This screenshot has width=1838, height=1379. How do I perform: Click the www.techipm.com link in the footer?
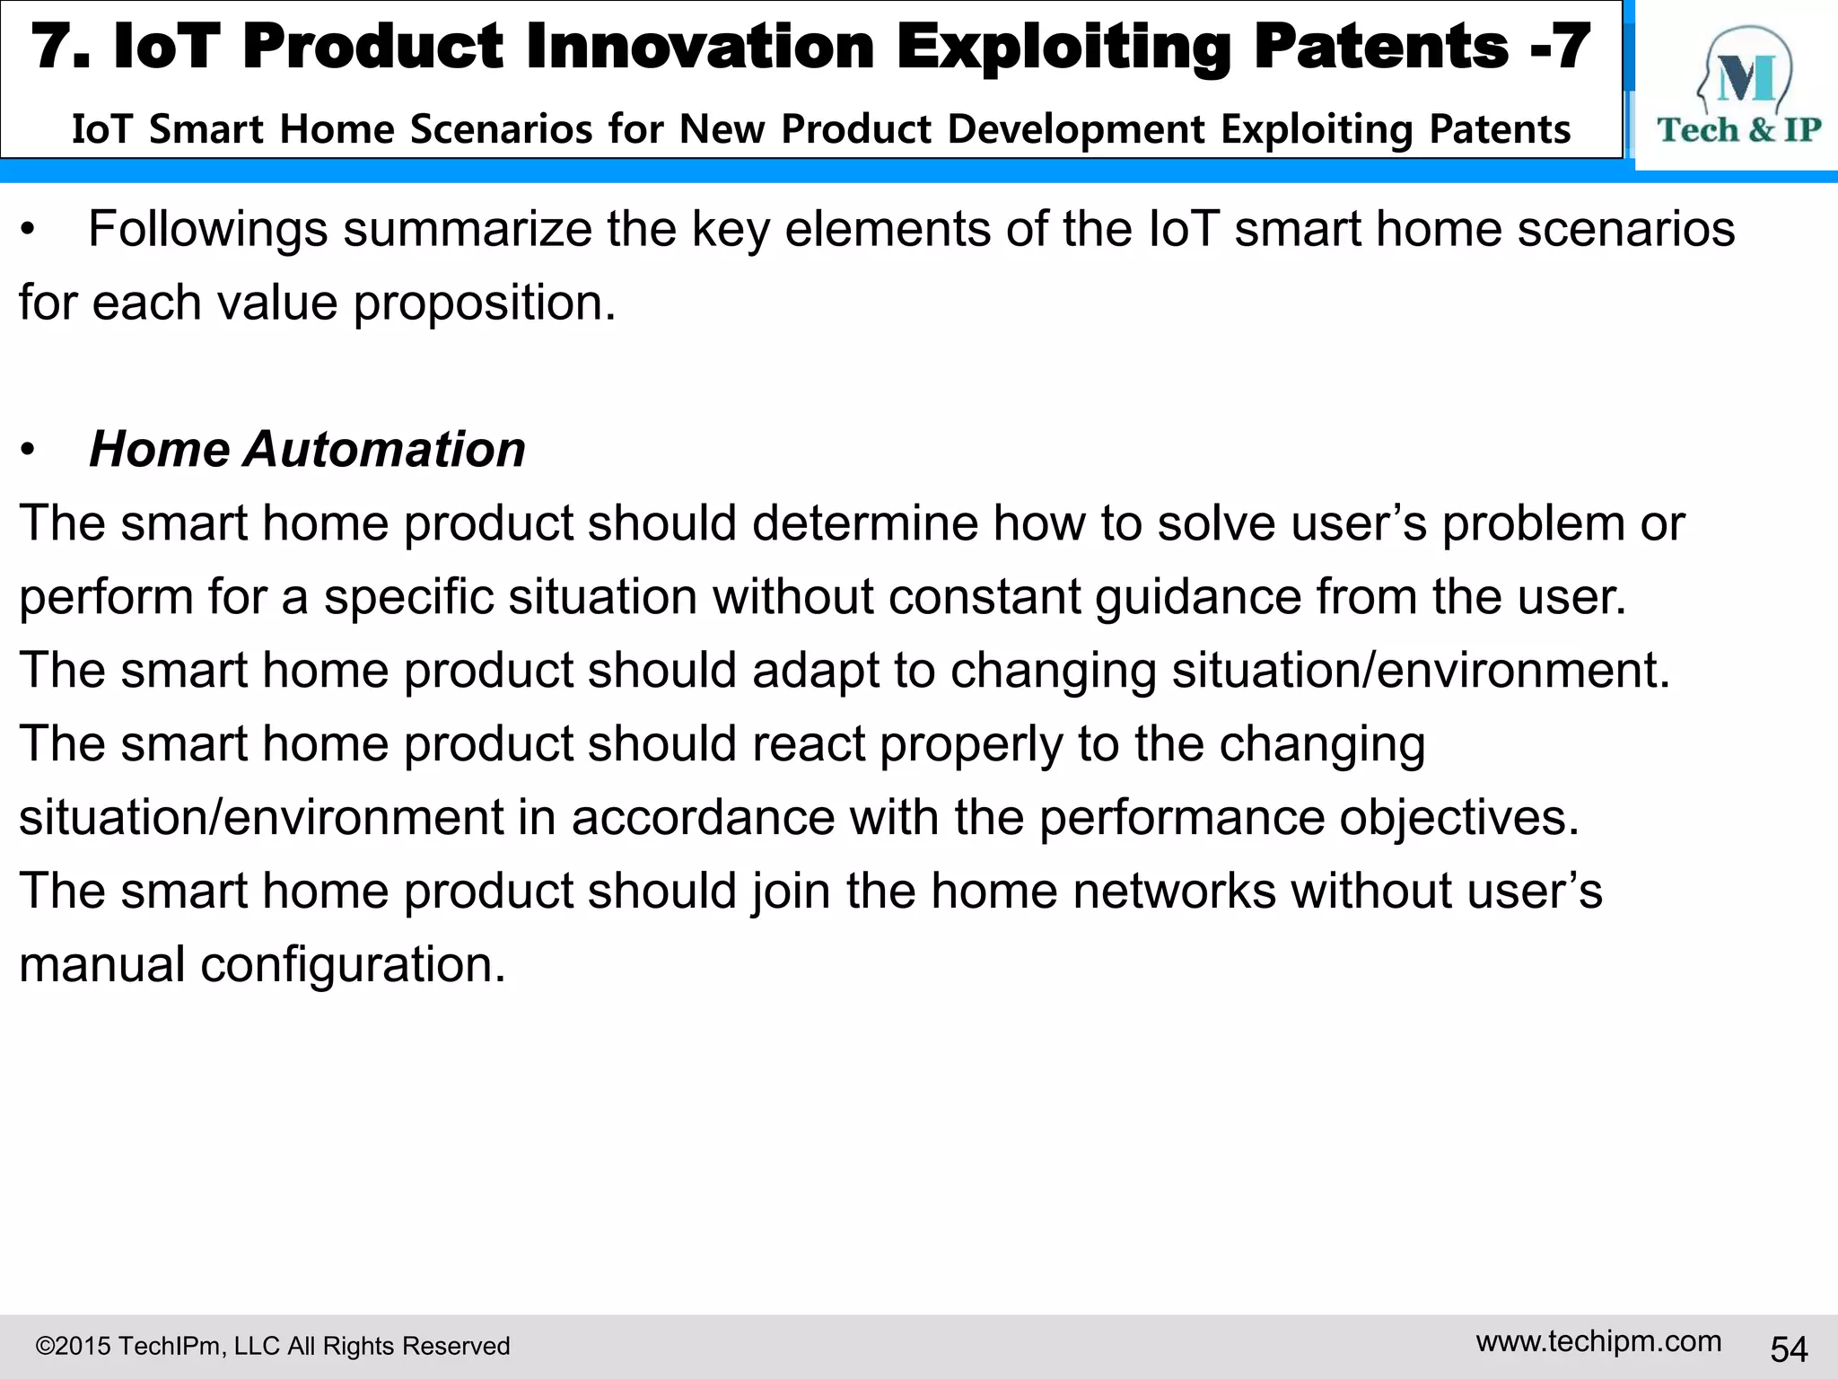tap(1598, 1341)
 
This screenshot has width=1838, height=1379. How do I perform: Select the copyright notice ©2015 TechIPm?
tap(272, 1346)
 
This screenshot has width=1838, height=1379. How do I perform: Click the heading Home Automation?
tap(307, 449)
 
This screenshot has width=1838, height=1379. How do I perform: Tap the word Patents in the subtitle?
tap(1500, 129)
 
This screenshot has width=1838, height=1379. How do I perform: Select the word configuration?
tap(353, 965)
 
